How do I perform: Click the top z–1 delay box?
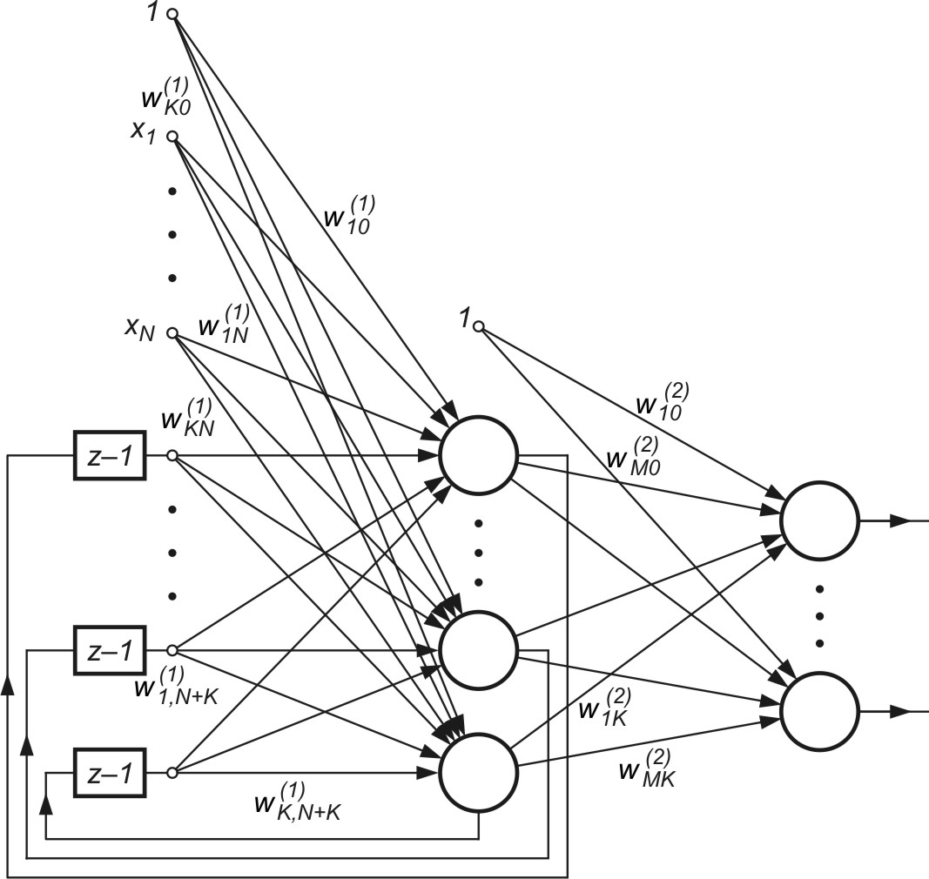click(x=110, y=455)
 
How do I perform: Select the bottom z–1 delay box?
click(x=110, y=772)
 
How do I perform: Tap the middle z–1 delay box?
click(x=110, y=650)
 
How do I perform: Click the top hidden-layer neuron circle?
click(x=478, y=456)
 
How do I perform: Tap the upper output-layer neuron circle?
click(x=819, y=520)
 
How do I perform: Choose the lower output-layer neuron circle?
click(x=819, y=709)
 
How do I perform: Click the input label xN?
click(x=138, y=331)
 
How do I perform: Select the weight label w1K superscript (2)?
click(x=604, y=707)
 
